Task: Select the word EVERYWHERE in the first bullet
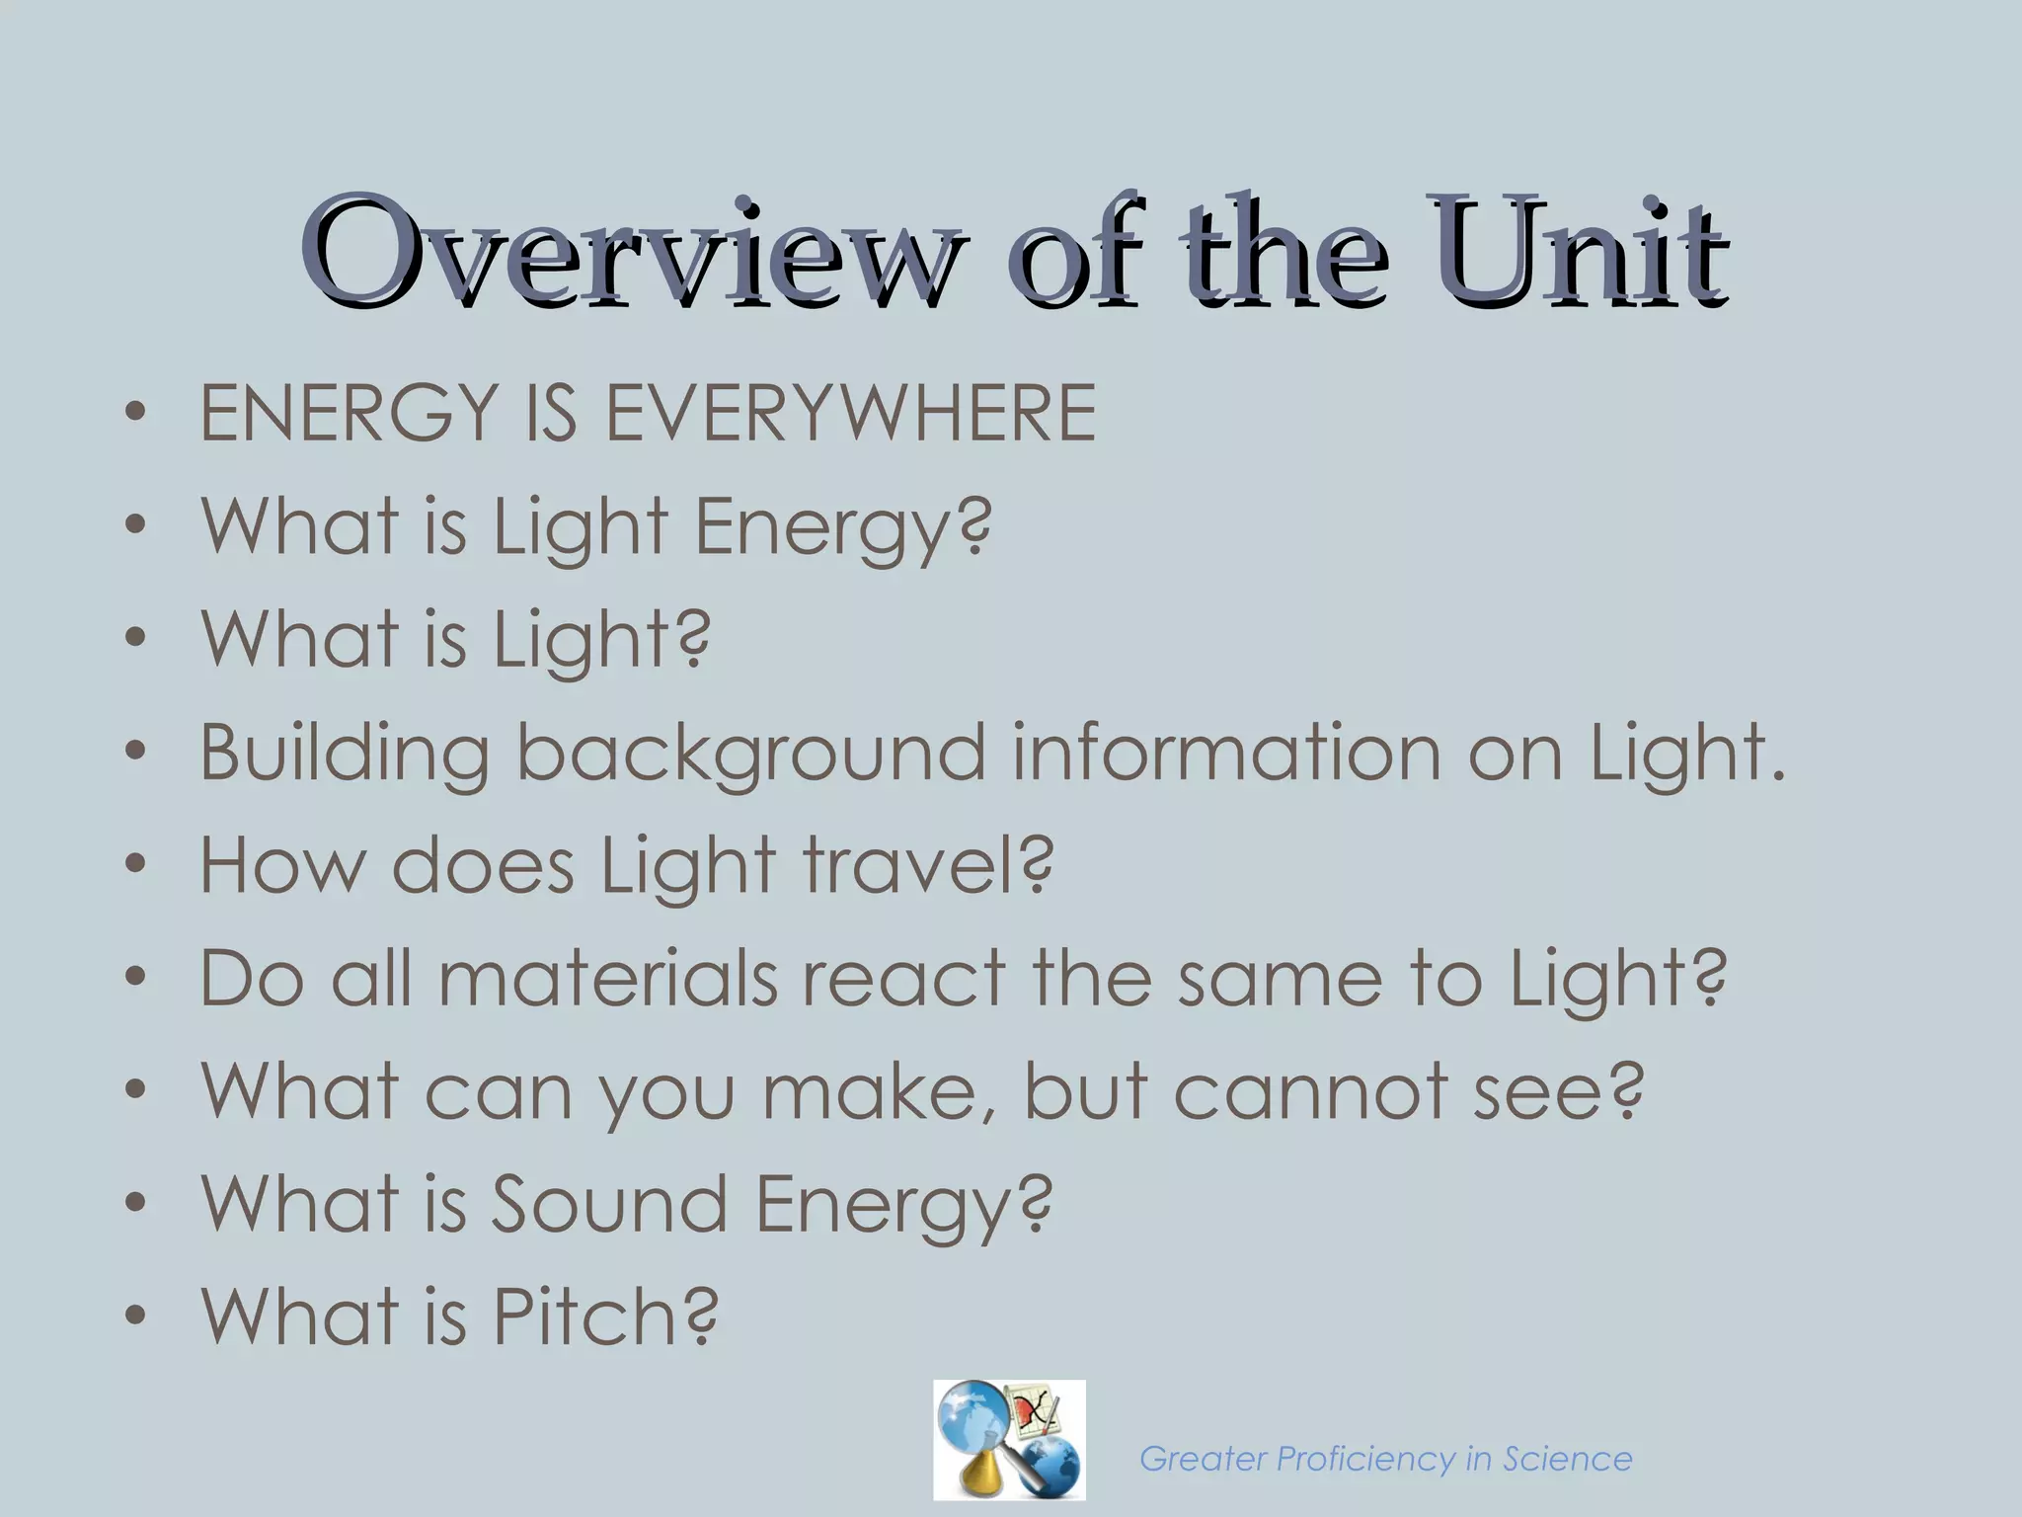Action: [850, 413]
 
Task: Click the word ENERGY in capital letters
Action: [349, 413]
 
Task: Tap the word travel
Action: [913, 865]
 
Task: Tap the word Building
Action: [345, 754]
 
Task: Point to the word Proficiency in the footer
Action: [1366, 1459]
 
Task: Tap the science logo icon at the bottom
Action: [1009, 1439]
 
